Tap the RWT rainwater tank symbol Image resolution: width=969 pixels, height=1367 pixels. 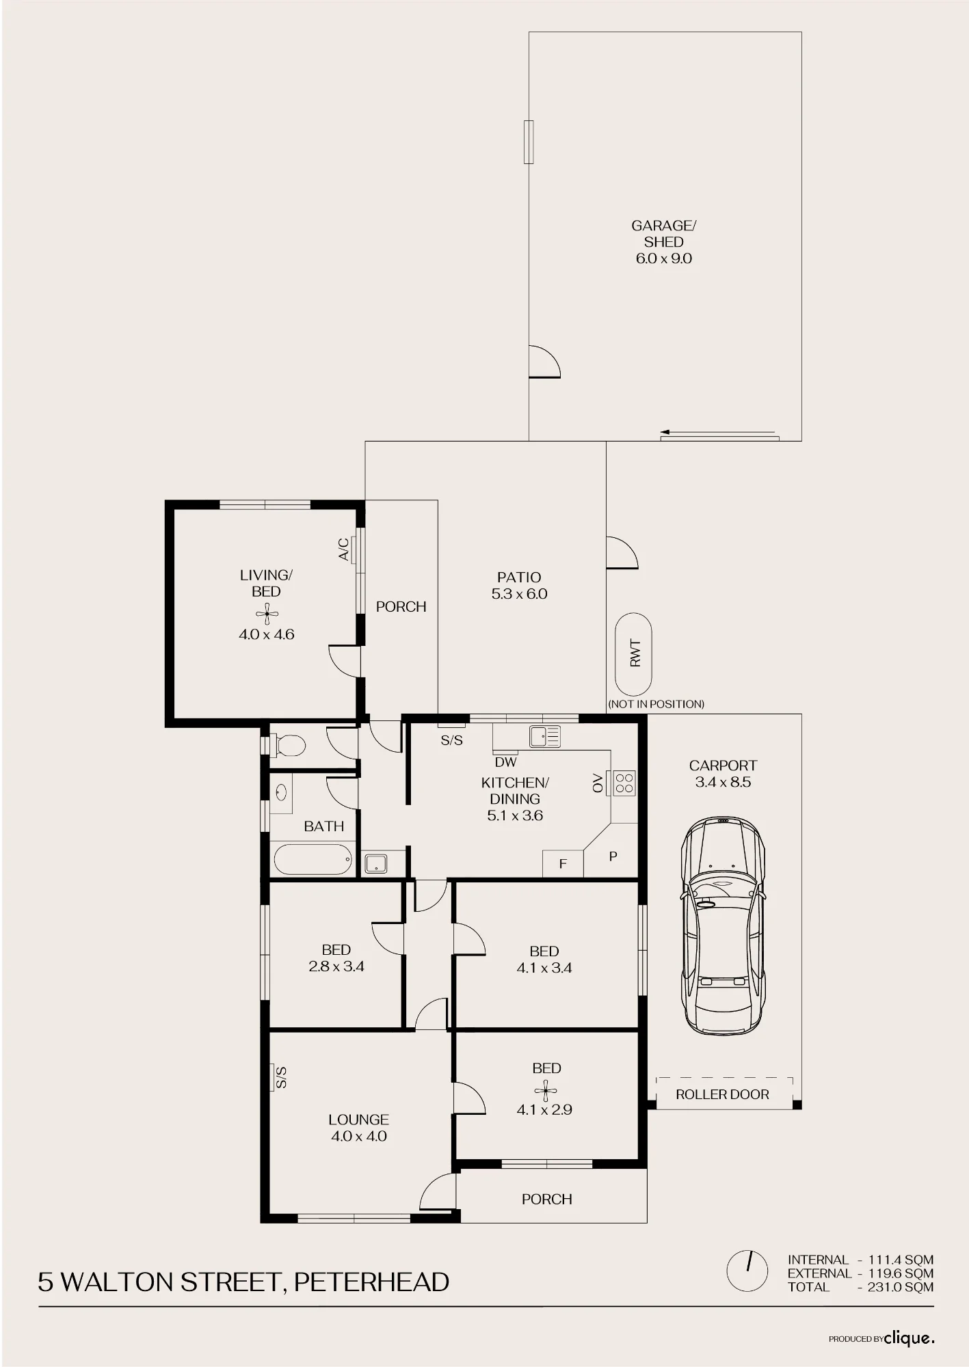click(633, 654)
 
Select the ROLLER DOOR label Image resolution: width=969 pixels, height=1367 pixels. click(722, 1094)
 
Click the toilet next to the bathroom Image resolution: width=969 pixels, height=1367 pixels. click(289, 744)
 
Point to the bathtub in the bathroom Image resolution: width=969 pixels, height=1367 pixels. click(313, 859)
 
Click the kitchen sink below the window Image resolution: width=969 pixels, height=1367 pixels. click(544, 736)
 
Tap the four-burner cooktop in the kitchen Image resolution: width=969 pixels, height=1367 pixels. click(624, 783)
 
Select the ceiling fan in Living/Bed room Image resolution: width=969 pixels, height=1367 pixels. click(267, 614)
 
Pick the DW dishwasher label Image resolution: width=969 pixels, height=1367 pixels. click(506, 762)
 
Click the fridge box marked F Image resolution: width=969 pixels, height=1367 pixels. click(563, 863)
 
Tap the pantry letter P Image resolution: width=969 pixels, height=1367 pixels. click(613, 856)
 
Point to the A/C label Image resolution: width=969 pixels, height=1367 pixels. click(344, 550)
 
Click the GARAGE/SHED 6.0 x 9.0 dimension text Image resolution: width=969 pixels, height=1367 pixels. click(664, 258)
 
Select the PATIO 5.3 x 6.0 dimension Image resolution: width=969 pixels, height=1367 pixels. click(519, 594)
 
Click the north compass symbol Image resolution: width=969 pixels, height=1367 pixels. click(748, 1271)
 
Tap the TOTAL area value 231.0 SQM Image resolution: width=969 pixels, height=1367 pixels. click(901, 1287)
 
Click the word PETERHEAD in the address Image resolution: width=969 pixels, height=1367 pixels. click(371, 1282)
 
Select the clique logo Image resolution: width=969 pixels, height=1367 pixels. click(909, 1338)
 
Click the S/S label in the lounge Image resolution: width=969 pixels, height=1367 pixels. click(281, 1077)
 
